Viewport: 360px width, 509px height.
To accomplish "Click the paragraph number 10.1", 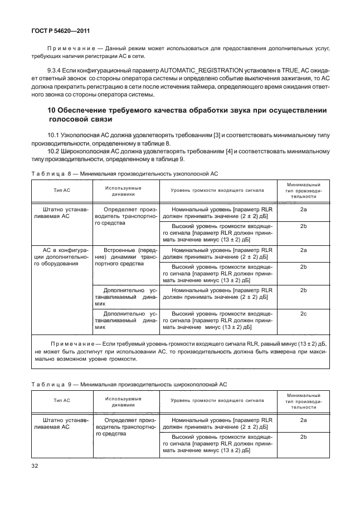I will (55, 135).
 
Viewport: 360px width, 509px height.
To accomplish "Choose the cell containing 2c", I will (304, 314).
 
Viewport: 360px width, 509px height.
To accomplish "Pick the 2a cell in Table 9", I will (304, 421).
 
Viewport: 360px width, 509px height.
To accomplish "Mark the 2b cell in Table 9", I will (304, 438).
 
